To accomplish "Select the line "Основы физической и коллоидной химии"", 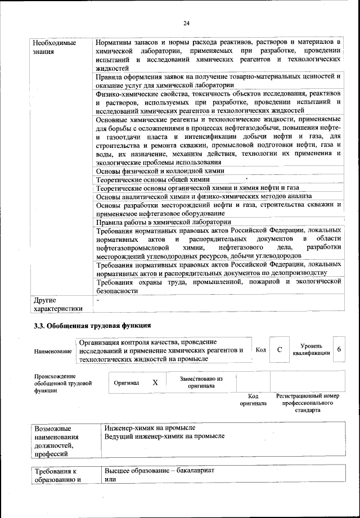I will tap(160, 170).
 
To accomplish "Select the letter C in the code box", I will tap(280, 349).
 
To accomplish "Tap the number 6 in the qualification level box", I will tap(339, 349).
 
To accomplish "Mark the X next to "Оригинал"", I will tap(155, 382).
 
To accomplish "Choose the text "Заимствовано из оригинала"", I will tap(201, 382).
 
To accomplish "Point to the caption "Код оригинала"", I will tap(253, 399).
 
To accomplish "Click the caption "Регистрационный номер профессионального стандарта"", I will tap(308, 403).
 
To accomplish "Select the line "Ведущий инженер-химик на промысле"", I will tap(164, 436).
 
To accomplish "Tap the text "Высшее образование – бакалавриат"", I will tap(160, 470).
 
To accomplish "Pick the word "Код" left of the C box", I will tap(260, 350).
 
